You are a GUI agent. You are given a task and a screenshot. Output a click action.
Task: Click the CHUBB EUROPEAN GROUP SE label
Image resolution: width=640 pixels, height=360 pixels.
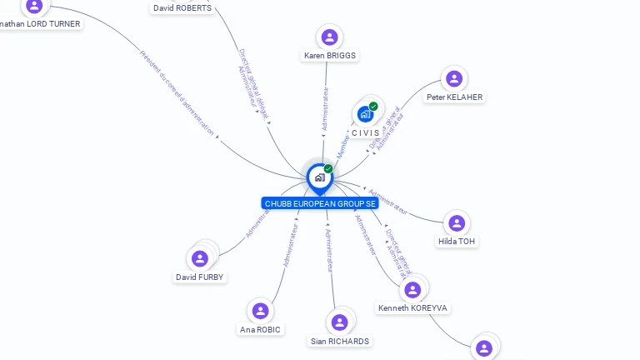click(x=319, y=203)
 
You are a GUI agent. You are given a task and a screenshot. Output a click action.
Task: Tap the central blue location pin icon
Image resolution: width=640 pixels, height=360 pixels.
click(x=319, y=177)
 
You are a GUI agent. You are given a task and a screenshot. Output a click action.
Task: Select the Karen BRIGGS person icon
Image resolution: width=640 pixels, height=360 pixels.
click(x=329, y=37)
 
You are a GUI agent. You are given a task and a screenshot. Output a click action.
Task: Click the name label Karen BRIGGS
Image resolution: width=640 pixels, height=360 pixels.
click(x=329, y=56)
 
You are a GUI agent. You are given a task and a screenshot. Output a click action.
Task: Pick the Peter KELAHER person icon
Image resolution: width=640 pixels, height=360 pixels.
click(x=454, y=78)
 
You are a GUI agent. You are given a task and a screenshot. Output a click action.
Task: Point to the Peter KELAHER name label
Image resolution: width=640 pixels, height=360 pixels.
click(x=454, y=97)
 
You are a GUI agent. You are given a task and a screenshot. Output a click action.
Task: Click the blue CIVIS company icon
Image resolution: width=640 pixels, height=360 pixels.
click(x=365, y=114)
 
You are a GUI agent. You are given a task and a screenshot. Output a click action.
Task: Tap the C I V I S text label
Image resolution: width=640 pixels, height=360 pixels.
click(x=365, y=132)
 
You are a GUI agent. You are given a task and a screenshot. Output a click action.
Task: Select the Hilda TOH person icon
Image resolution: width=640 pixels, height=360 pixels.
click(x=457, y=222)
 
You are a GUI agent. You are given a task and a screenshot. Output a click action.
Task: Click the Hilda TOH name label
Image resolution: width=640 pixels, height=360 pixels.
click(x=457, y=242)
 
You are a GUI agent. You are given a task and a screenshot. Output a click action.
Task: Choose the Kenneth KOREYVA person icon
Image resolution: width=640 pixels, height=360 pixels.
click(x=412, y=289)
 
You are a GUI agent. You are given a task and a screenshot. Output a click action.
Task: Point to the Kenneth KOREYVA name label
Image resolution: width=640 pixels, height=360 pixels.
click(x=412, y=308)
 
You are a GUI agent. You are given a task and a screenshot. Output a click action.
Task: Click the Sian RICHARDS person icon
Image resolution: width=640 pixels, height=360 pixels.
click(x=339, y=322)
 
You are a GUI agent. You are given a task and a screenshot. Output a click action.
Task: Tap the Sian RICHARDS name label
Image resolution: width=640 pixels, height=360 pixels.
click(x=339, y=341)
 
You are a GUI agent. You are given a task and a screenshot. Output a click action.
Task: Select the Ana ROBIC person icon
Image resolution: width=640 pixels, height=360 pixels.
click(x=260, y=311)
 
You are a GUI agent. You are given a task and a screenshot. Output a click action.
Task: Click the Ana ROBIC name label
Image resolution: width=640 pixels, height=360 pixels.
click(x=260, y=329)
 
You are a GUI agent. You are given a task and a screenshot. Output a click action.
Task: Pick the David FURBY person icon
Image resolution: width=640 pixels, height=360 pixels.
click(x=200, y=258)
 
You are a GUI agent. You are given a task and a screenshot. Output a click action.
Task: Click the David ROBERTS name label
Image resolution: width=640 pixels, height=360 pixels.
click(x=182, y=8)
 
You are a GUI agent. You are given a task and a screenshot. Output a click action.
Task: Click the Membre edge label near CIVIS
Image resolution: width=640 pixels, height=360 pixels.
click(x=343, y=147)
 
